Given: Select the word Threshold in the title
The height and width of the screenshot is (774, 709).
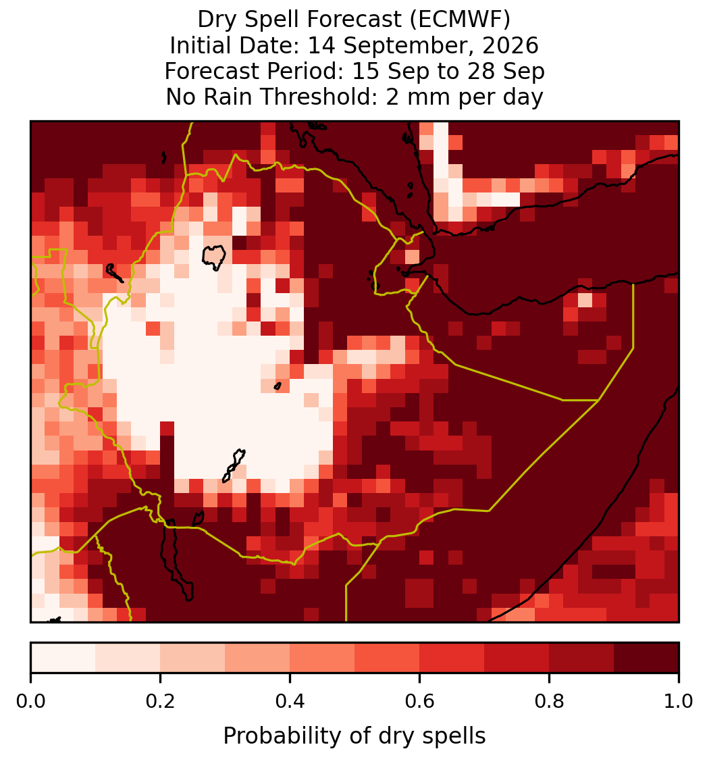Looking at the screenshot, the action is (x=319, y=97).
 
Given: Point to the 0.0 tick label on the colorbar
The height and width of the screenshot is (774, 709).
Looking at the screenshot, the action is (x=30, y=702).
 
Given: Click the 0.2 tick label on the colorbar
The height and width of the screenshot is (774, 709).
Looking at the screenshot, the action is (x=160, y=702).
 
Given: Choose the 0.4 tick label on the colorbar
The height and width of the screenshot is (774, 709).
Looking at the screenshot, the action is (x=290, y=702).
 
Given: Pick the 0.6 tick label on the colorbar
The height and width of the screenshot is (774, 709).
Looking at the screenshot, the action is (x=420, y=702).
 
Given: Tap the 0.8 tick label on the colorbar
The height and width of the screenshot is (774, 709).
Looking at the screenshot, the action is (x=550, y=702).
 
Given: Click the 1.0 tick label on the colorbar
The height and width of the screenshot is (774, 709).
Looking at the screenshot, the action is (x=679, y=702).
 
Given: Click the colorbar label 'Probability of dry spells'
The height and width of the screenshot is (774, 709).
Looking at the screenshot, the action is (x=354, y=736).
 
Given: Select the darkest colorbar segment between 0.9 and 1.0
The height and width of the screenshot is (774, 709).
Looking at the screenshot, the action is (x=646, y=658).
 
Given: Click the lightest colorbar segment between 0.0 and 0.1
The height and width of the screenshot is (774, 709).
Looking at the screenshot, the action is (x=63, y=658).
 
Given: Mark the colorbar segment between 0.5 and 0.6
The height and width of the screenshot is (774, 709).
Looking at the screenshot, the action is (x=388, y=658).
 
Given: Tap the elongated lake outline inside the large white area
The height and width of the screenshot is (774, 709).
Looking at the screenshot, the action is (x=234, y=465).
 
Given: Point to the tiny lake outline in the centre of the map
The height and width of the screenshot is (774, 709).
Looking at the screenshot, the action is (x=278, y=386).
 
